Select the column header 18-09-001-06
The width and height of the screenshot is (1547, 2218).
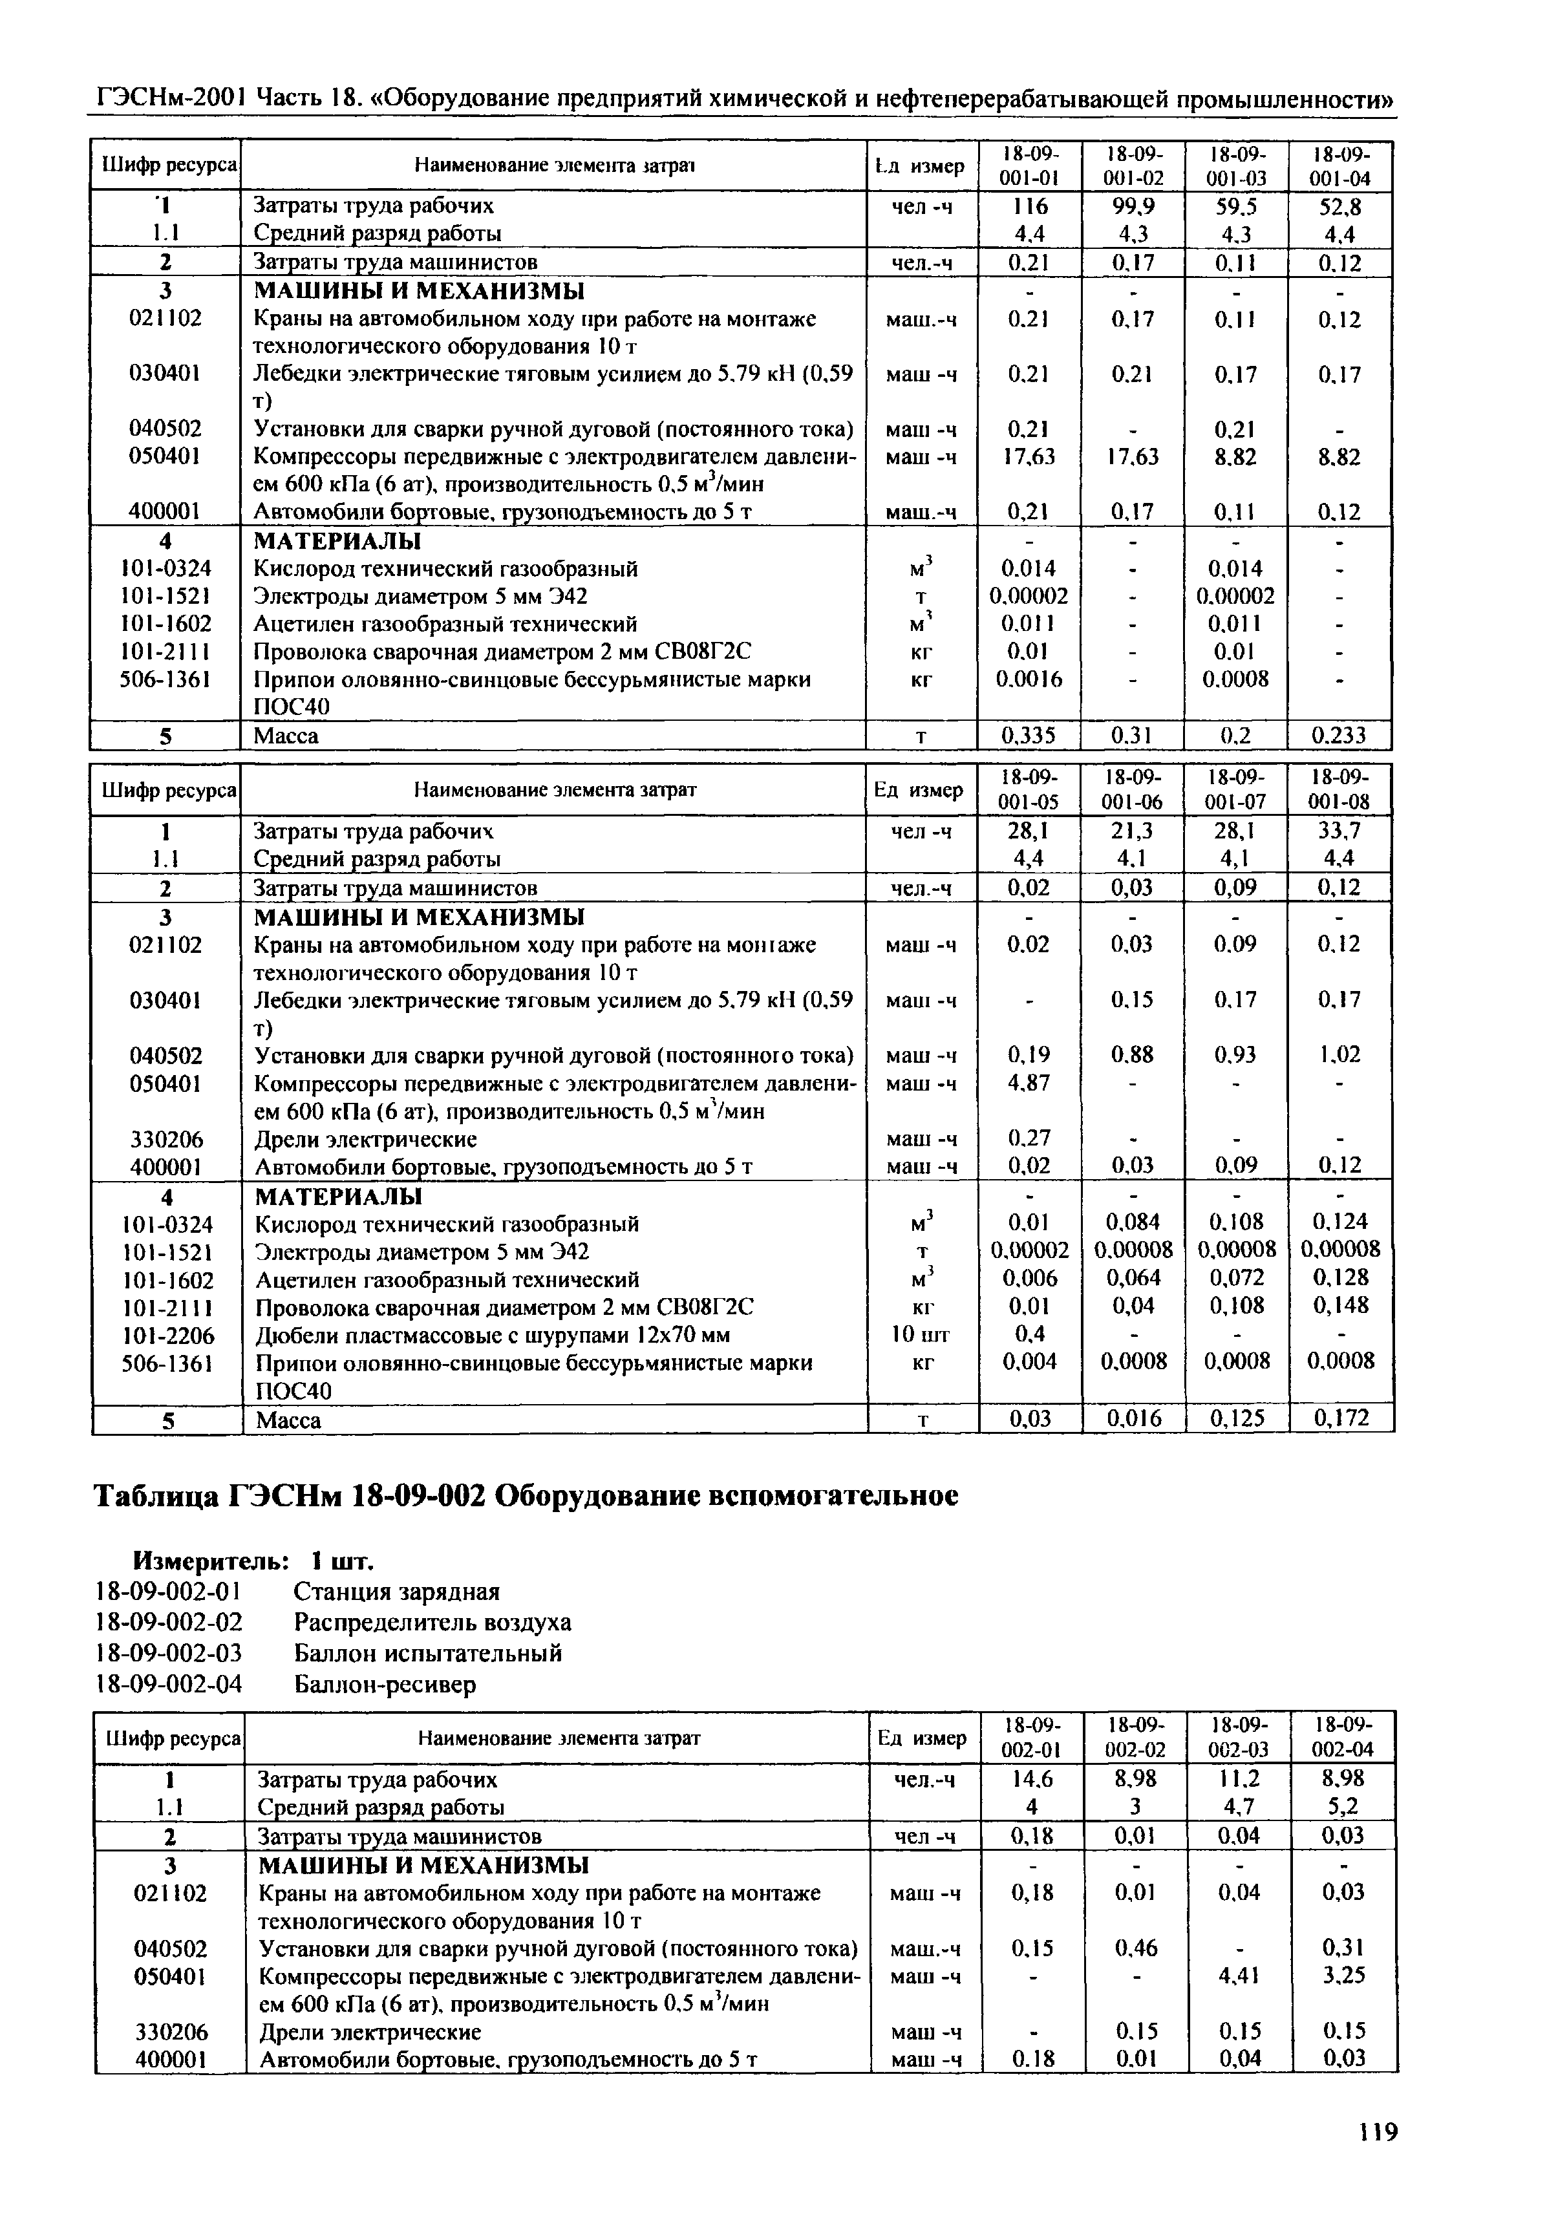[1133, 790]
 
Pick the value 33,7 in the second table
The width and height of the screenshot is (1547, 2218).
[1339, 831]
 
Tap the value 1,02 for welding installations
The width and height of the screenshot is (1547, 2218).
[1339, 1055]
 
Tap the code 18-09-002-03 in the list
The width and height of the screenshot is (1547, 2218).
[169, 1653]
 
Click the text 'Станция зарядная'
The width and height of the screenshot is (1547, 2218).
[396, 1591]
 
